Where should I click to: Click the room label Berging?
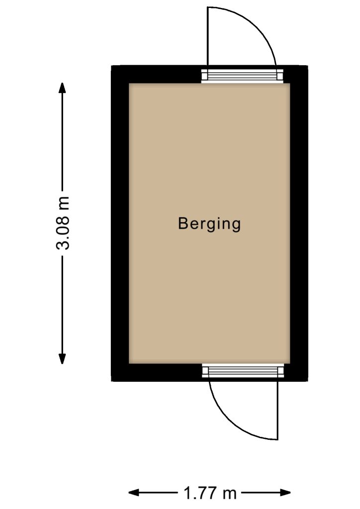(x=209, y=224)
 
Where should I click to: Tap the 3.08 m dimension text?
(x=62, y=223)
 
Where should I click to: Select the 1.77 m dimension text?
(x=210, y=493)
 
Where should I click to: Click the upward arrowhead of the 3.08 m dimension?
(x=62, y=87)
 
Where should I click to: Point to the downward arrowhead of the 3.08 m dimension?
(x=62, y=359)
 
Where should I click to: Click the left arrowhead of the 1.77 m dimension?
(x=134, y=493)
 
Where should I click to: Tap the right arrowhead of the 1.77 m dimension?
(x=285, y=493)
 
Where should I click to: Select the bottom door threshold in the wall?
(x=243, y=371)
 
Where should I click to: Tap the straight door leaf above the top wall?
(x=207, y=38)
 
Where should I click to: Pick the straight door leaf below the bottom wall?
(x=278, y=410)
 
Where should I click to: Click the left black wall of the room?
(x=120, y=223)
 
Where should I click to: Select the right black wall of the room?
(x=299, y=223)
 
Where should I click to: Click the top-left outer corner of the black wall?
(x=111, y=66)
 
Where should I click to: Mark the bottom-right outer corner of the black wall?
(x=308, y=381)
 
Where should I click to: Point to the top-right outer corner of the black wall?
(x=308, y=66)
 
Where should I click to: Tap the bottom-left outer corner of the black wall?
(x=111, y=381)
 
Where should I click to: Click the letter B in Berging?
(x=183, y=223)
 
